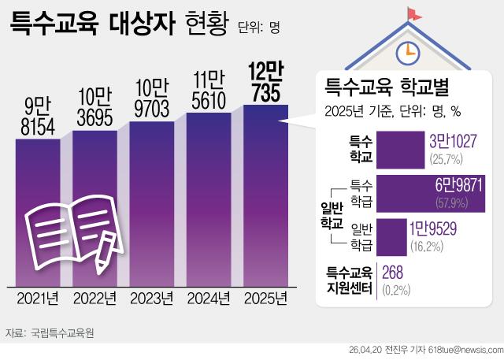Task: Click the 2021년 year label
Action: point(37,299)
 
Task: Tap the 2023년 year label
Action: point(152,299)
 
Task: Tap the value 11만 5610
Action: point(209,89)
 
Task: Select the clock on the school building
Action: point(406,51)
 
